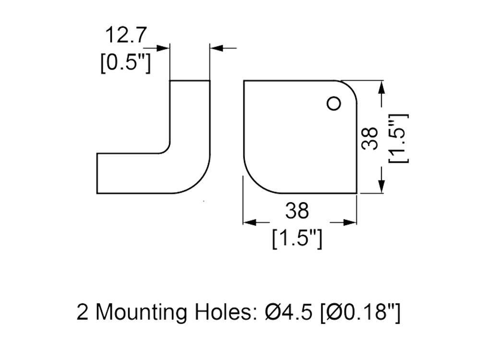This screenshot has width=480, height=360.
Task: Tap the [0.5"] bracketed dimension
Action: [x=125, y=63]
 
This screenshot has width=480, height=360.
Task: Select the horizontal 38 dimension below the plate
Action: [x=298, y=210]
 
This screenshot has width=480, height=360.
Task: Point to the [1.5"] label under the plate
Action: [x=296, y=238]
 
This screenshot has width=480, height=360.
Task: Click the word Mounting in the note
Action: [x=142, y=313]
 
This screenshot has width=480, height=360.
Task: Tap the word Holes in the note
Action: [x=226, y=313]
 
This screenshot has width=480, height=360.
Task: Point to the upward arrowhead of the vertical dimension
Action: [x=382, y=87]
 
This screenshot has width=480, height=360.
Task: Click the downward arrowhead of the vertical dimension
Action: [x=382, y=186]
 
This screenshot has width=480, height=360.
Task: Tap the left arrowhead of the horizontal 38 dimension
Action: [x=248, y=222]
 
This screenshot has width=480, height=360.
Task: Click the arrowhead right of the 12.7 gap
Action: [x=216, y=48]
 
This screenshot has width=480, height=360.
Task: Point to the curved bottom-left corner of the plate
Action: [x=254, y=180]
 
